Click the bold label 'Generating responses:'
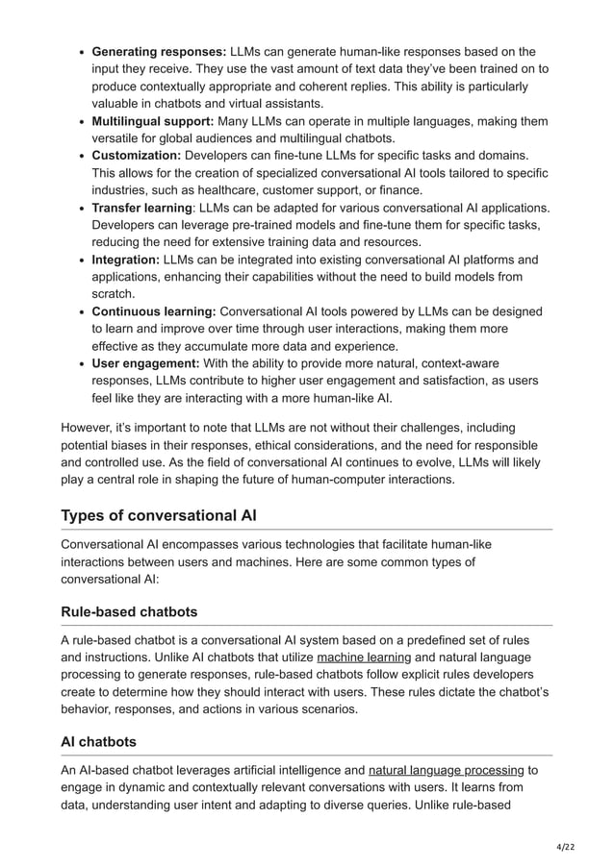pos(159,51)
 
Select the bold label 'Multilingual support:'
pos(152,121)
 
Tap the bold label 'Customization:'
pos(136,155)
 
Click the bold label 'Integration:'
pos(126,260)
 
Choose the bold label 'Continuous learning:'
pos(154,311)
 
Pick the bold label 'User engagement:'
pos(145,363)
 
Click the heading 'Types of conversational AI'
pos(159,515)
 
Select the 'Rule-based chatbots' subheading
pos(131,611)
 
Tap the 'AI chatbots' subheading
pos(99,742)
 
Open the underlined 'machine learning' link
pos(364,657)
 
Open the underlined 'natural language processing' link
pos(446,770)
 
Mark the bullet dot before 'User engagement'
pos(82,363)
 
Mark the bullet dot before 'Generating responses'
pos(82,51)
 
